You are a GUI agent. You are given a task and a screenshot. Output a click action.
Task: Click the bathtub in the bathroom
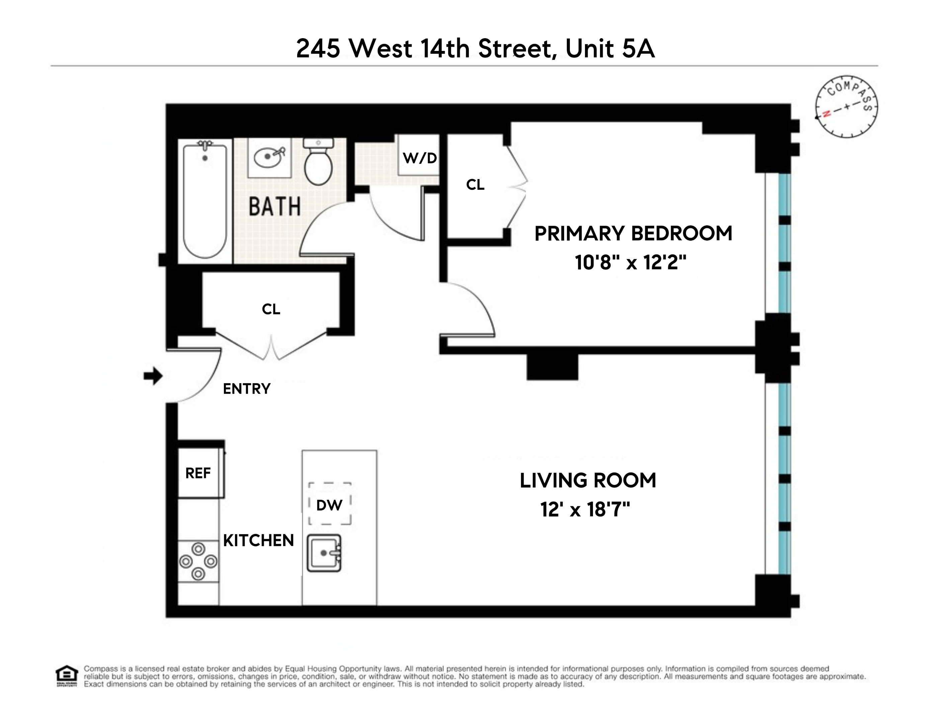205,200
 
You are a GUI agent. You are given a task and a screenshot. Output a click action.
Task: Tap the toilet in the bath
319,162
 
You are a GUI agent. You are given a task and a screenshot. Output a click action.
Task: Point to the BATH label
275,207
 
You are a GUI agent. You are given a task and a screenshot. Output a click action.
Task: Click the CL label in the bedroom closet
475,185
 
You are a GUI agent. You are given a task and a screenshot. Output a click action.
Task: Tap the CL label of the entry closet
271,309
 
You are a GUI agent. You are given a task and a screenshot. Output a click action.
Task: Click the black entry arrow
153,376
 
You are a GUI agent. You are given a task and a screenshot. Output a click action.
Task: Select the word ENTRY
247,389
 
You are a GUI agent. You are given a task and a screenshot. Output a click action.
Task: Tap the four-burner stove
198,561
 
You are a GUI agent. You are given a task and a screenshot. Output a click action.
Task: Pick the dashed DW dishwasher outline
330,503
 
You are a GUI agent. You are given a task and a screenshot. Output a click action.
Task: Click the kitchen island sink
324,553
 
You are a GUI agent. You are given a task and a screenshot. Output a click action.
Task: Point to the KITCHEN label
258,541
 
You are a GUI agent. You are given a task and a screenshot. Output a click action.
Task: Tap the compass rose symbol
846,107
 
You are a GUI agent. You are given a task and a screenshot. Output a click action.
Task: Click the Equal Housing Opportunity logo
67,676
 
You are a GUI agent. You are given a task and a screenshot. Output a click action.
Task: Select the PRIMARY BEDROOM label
633,234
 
